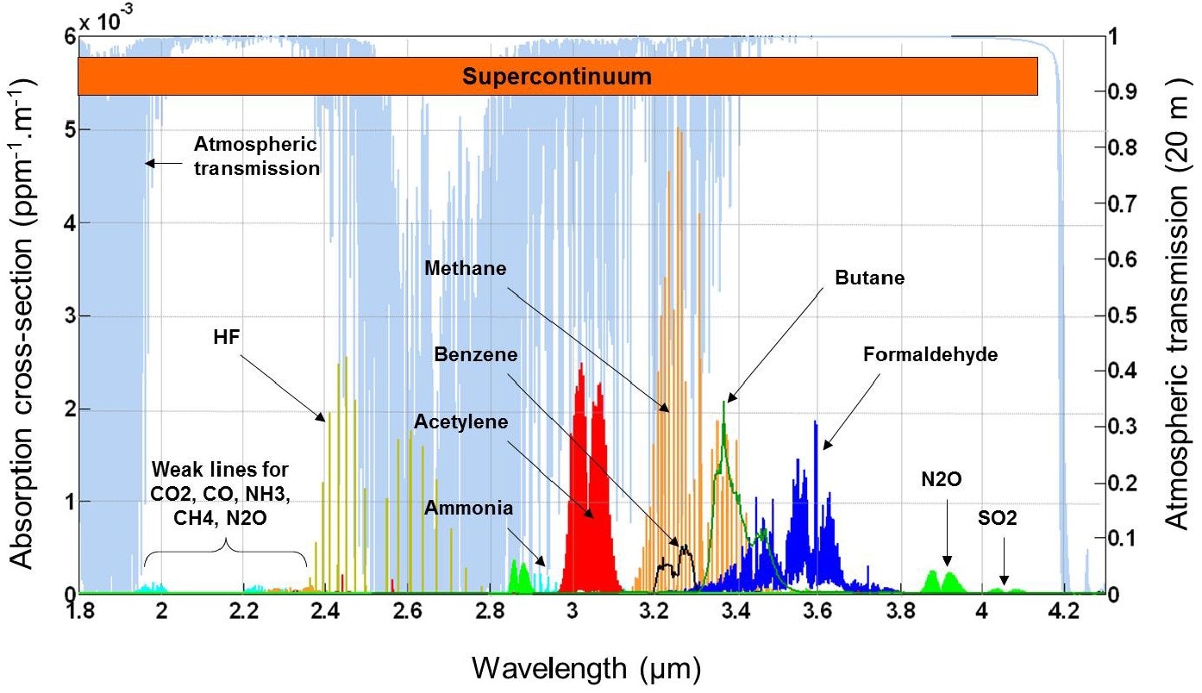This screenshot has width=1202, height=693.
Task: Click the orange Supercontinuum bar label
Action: point(556,76)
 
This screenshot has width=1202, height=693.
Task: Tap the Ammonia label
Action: point(469,508)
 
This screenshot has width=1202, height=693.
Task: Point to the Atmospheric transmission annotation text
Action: point(255,155)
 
